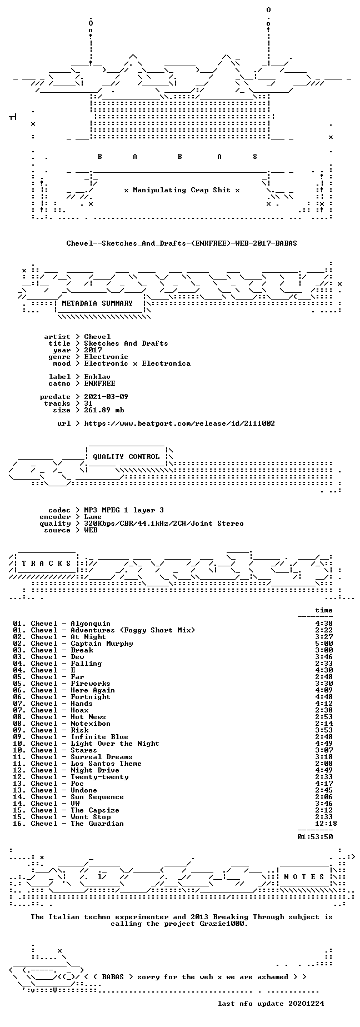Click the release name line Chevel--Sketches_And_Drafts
click(x=182, y=243)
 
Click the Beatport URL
click(x=179, y=423)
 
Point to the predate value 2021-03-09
click(x=106, y=397)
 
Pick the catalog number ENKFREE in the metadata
click(x=99, y=383)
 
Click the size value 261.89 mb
click(x=104, y=410)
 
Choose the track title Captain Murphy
click(x=102, y=644)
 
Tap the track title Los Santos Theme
click(x=106, y=764)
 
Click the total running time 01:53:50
click(x=315, y=836)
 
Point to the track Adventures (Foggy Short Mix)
click(x=133, y=630)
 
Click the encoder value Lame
click(x=93, y=517)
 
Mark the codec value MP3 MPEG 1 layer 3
click(x=124, y=510)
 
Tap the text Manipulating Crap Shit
click(x=182, y=190)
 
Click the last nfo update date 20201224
click(x=306, y=1004)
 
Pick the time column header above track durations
click(x=324, y=610)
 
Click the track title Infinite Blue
click(x=99, y=737)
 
